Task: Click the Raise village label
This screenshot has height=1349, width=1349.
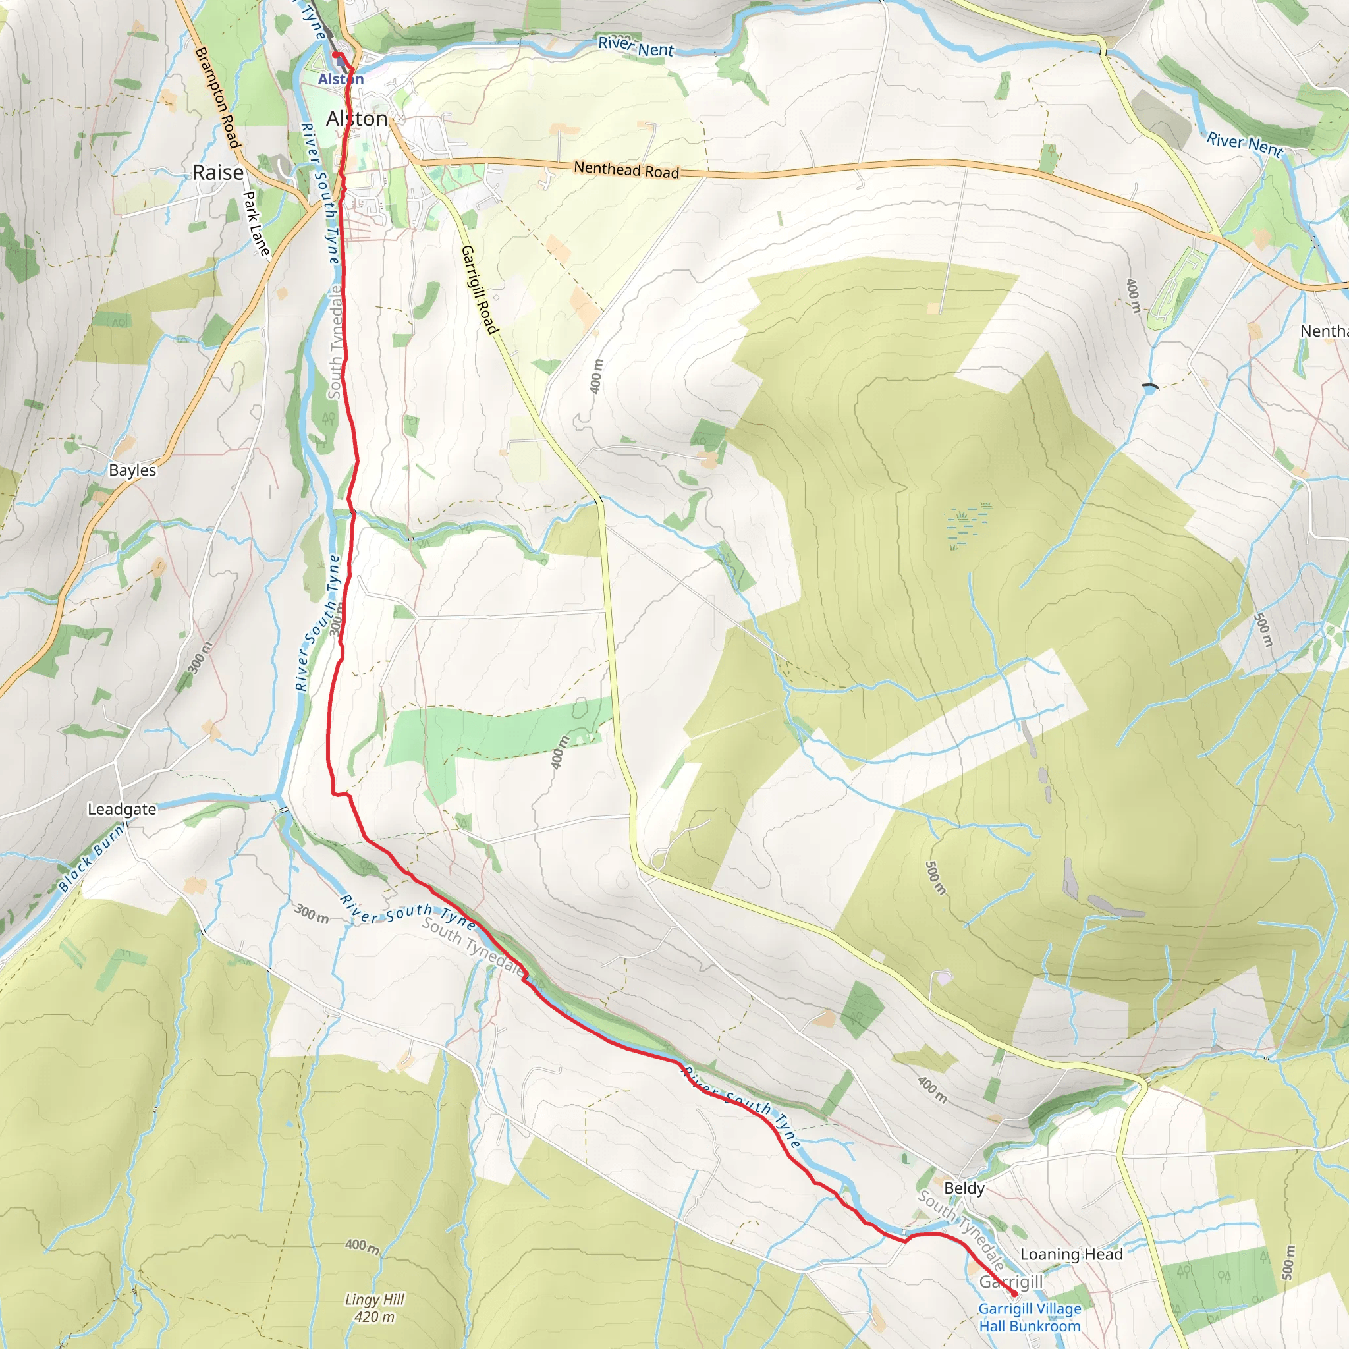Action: click(x=218, y=173)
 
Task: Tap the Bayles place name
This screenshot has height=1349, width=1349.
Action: click(x=132, y=470)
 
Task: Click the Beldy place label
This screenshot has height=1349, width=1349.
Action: click(x=964, y=1188)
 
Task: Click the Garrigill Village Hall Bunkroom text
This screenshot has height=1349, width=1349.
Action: click(x=1030, y=1317)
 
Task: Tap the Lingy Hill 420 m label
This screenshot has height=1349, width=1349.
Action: click(x=375, y=1308)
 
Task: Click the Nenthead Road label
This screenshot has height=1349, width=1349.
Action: click(x=626, y=170)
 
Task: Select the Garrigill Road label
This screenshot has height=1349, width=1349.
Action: click(x=480, y=290)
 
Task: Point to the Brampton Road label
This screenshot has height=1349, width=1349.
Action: click(x=217, y=97)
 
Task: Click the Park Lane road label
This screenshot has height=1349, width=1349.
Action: click(x=256, y=223)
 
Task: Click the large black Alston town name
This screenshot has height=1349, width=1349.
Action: click(x=357, y=119)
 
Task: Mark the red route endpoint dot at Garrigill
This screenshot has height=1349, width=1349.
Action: click(x=1014, y=1294)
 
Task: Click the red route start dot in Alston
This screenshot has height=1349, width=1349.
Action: click(x=335, y=55)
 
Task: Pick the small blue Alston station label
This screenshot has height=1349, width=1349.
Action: click(x=341, y=80)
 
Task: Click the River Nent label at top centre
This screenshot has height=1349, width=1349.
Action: click(x=636, y=47)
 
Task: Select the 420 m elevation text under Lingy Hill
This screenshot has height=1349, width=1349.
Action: click(x=375, y=1317)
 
